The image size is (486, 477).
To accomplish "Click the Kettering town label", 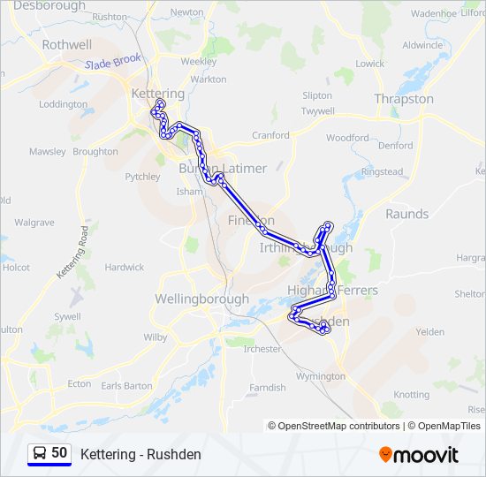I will tap(157, 94).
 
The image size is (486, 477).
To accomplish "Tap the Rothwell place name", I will tap(66, 44).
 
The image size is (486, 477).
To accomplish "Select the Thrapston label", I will tap(404, 99).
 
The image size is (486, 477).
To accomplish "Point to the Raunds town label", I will tap(406, 214).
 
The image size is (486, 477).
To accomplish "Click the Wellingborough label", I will tap(201, 299).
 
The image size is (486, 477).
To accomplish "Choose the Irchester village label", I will tap(262, 349).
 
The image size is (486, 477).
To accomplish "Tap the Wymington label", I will tap(321, 376).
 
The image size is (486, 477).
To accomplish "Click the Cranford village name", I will tap(270, 135).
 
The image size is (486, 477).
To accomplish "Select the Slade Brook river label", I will tap(114, 64).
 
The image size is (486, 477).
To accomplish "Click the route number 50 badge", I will tap(59, 452).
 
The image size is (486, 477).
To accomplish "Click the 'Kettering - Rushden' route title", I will tap(140, 454).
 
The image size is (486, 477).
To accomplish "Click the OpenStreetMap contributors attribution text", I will tap(334, 426).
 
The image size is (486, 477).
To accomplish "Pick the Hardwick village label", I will tap(124, 267).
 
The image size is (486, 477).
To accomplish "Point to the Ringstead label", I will tap(382, 171).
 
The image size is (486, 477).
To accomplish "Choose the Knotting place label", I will tap(410, 395).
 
